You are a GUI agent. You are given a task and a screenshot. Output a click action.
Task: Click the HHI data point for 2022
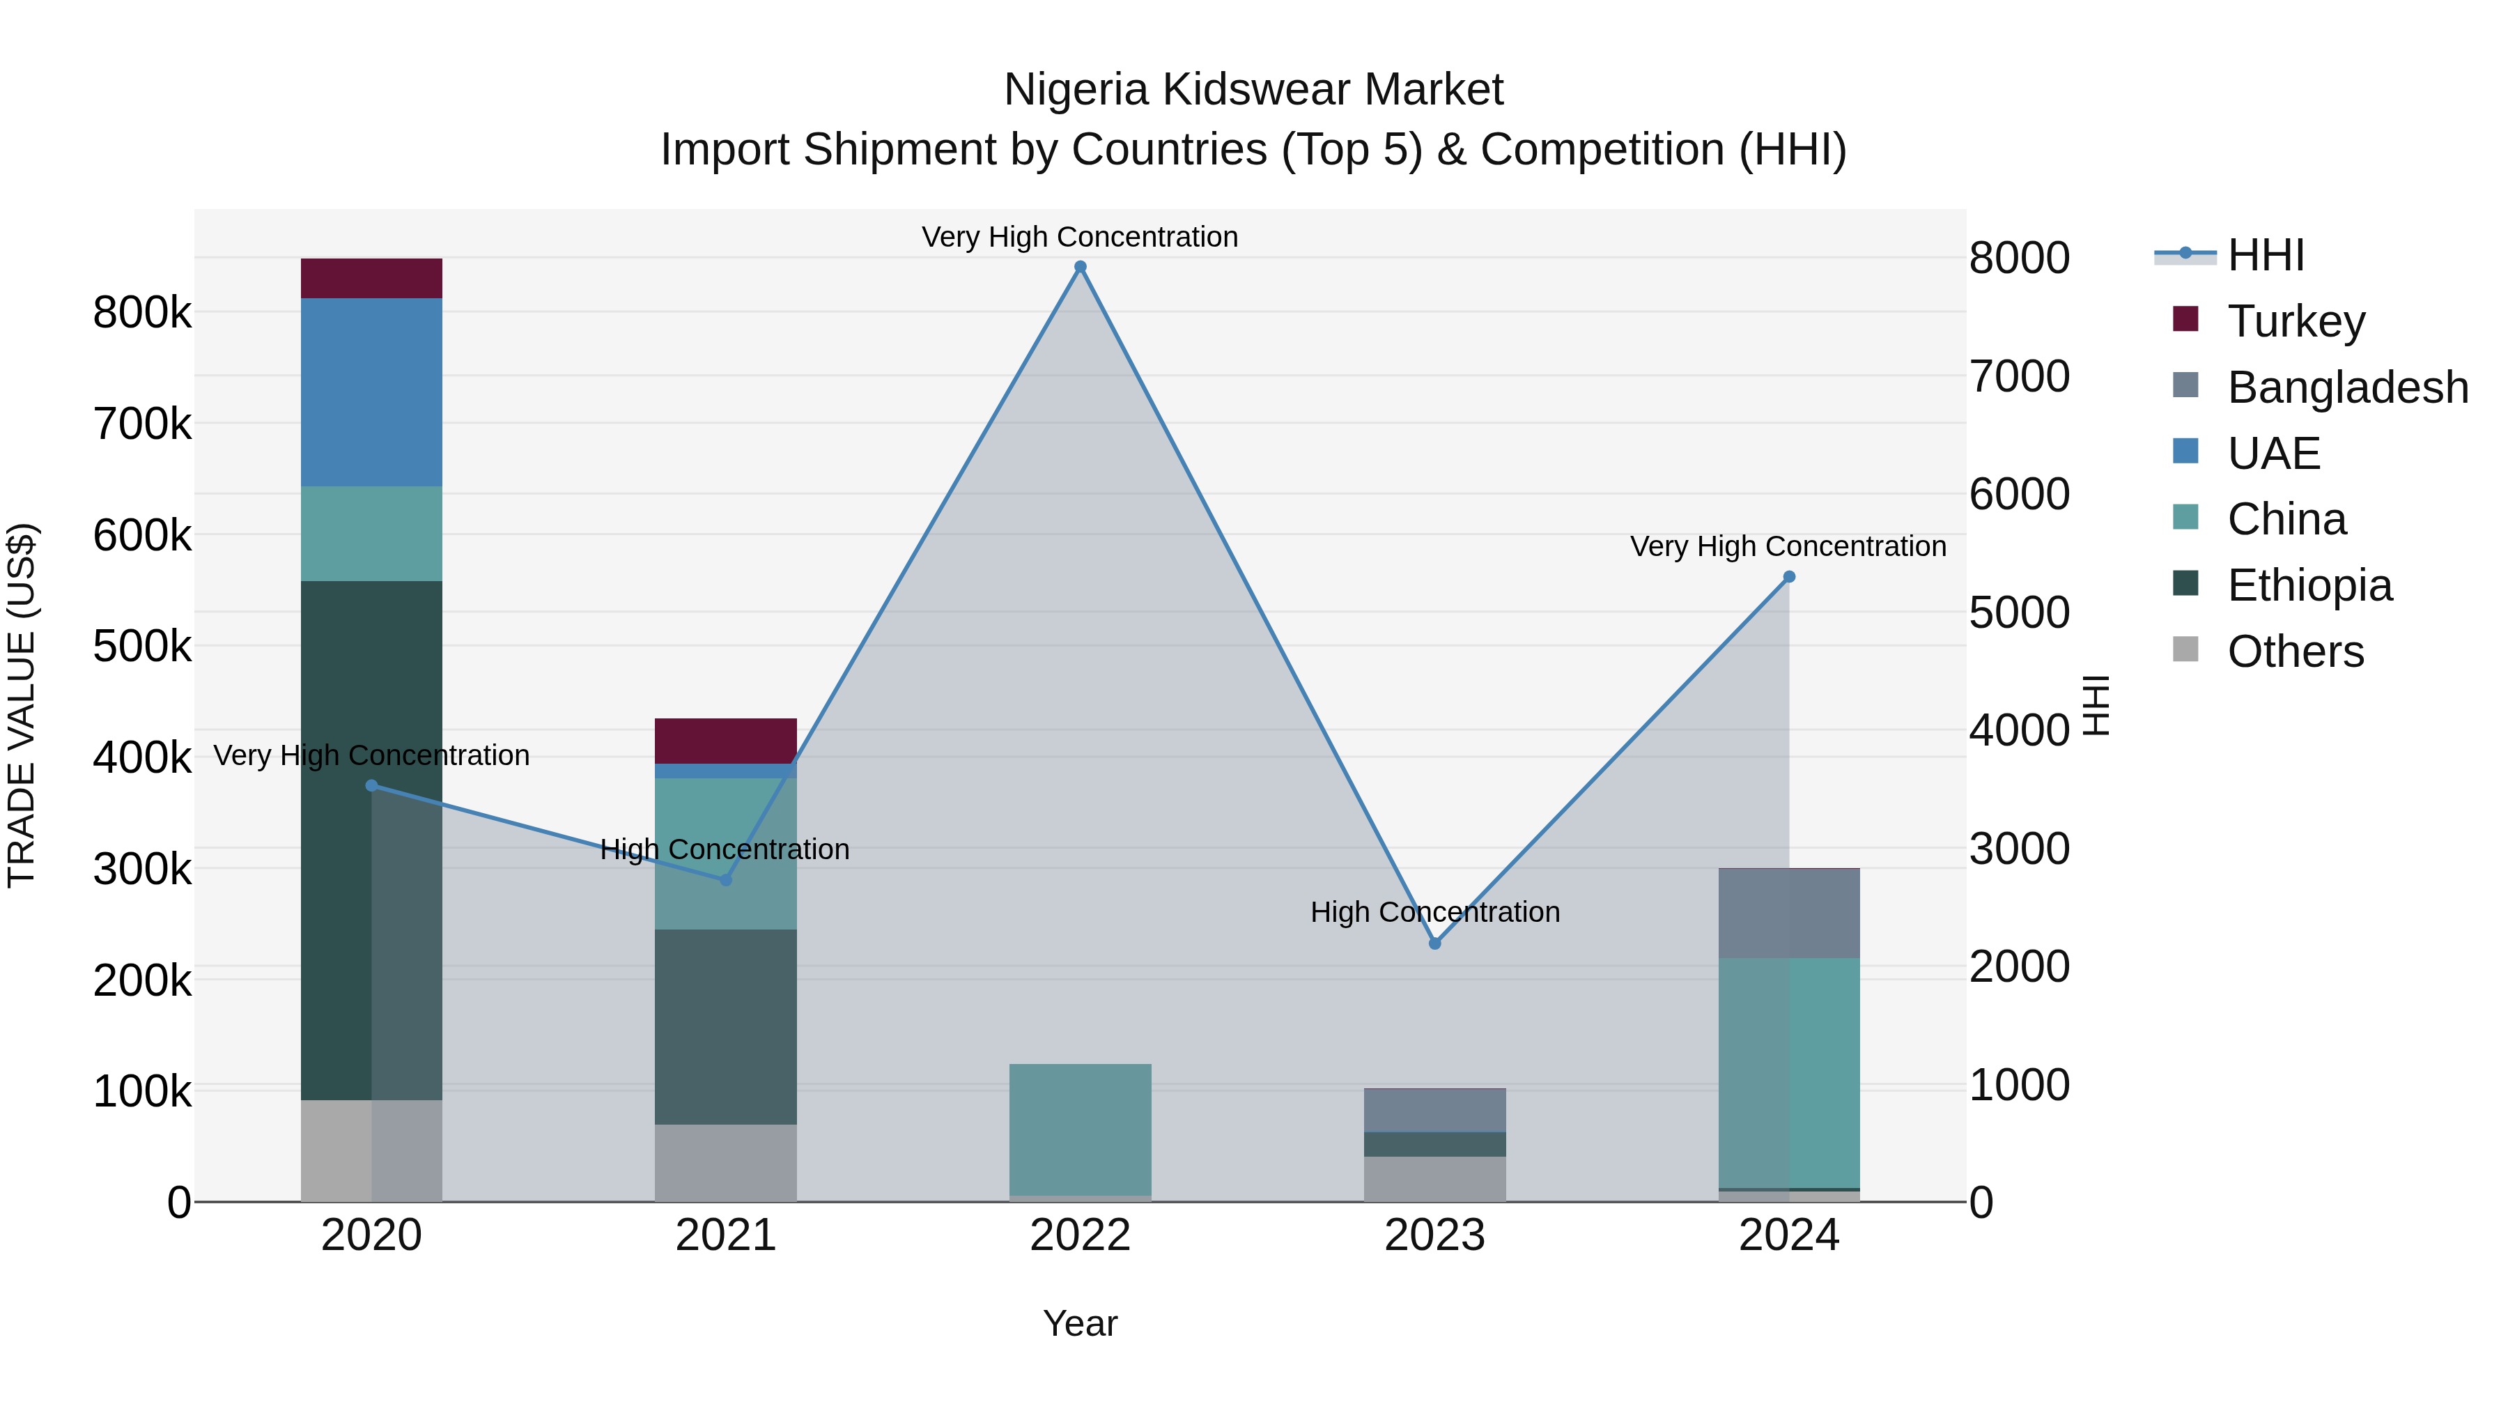tap(1080, 267)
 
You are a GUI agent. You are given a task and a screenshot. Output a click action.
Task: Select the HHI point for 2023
tap(1434, 943)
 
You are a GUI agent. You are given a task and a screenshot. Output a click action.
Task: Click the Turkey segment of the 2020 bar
tap(371, 279)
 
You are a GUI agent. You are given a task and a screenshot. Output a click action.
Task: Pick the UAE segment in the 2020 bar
tap(371, 392)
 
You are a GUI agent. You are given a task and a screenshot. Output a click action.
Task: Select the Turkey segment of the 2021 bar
tap(725, 741)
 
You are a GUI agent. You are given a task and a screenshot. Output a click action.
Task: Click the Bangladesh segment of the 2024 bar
tap(1788, 913)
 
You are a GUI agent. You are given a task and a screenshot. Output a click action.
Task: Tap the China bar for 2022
tap(1080, 1129)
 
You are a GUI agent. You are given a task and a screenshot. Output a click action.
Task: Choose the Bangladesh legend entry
tap(2347, 387)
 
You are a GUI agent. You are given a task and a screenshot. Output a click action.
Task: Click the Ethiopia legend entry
tap(2309, 585)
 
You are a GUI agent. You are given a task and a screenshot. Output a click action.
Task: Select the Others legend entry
tap(2295, 651)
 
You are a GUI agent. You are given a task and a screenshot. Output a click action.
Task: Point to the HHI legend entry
tap(2265, 255)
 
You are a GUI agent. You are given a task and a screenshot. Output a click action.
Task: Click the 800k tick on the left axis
tap(142, 314)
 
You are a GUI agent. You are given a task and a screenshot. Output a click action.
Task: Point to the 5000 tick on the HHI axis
tap(2019, 612)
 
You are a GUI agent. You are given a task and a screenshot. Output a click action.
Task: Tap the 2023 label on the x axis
tap(1434, 1235)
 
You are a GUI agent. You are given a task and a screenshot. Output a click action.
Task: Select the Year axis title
tap(1080, 1323)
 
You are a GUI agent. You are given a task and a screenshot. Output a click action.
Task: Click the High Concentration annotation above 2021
tap(725, 849)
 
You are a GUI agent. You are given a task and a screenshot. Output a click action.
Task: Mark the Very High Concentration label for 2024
tap(1788, 546)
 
